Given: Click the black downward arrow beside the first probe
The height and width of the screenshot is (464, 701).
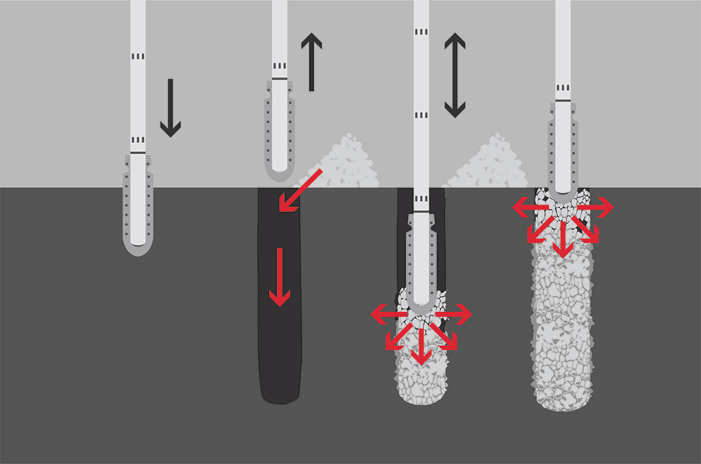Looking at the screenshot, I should click(170, 108).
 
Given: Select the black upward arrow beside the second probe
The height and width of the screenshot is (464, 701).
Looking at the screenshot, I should click(311, 62).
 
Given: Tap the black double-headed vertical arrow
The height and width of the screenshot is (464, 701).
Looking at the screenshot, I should click(455, 75).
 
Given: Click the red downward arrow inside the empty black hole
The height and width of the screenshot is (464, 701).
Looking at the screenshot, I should click(280, 277).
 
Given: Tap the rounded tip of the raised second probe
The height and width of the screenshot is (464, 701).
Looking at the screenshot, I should click(279, 172).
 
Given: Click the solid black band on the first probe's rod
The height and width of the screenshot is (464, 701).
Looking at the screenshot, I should click(138, 152).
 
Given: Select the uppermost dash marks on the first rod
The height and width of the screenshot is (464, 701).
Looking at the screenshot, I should click(138, 55).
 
